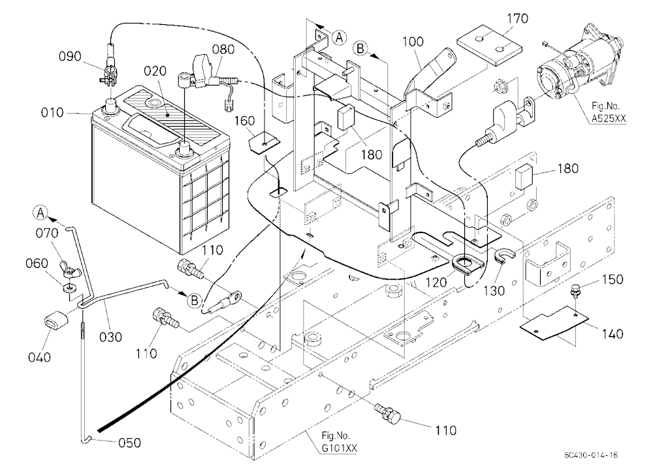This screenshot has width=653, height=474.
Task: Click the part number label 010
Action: tap(52, 113)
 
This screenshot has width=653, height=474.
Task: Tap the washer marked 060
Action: tap(69, 287)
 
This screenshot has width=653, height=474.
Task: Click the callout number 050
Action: tap(129, 443)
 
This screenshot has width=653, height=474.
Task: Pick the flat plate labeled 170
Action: tap(489, 46)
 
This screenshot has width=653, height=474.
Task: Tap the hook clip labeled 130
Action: tap(504, 255)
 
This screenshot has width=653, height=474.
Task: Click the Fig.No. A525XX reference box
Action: tap(608, 112)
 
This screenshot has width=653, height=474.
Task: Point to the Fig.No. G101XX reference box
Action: tap(338, 441)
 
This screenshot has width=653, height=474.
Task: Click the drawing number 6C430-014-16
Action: tap(591, 455)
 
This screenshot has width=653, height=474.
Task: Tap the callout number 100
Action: tap(413, 42)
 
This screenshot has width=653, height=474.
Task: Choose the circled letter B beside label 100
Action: tap(360, 49)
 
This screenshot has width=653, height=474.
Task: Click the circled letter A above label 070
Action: tap(40, 213)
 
